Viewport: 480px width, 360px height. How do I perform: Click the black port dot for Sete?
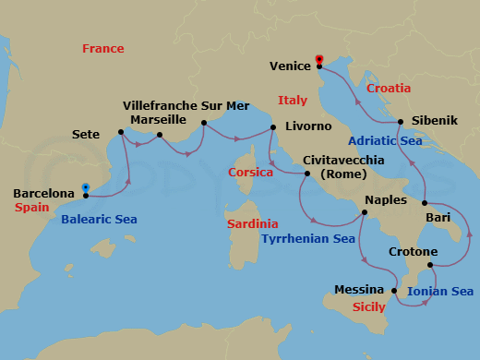tap(121, 134)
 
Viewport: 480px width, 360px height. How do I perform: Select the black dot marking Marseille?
tap(160, 136)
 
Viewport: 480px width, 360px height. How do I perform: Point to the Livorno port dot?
tap(273, 127)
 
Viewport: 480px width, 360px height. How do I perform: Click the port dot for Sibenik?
tap(401, 122)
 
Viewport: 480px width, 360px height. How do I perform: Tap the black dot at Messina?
tap(395, 291)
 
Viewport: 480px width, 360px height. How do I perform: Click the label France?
tap(102, 48)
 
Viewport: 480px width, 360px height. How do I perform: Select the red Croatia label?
tap(389, 89)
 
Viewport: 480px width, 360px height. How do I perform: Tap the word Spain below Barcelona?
tap(32, 209)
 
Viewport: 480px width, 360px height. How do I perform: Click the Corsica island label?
tap(251, 172)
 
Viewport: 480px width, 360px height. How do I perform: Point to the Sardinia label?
tap(252, 223)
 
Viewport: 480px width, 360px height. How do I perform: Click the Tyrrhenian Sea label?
tap(307, 238)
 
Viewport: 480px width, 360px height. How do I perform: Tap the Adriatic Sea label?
tap(386, 141)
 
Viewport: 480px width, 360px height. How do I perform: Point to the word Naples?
tap(386, 199)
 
